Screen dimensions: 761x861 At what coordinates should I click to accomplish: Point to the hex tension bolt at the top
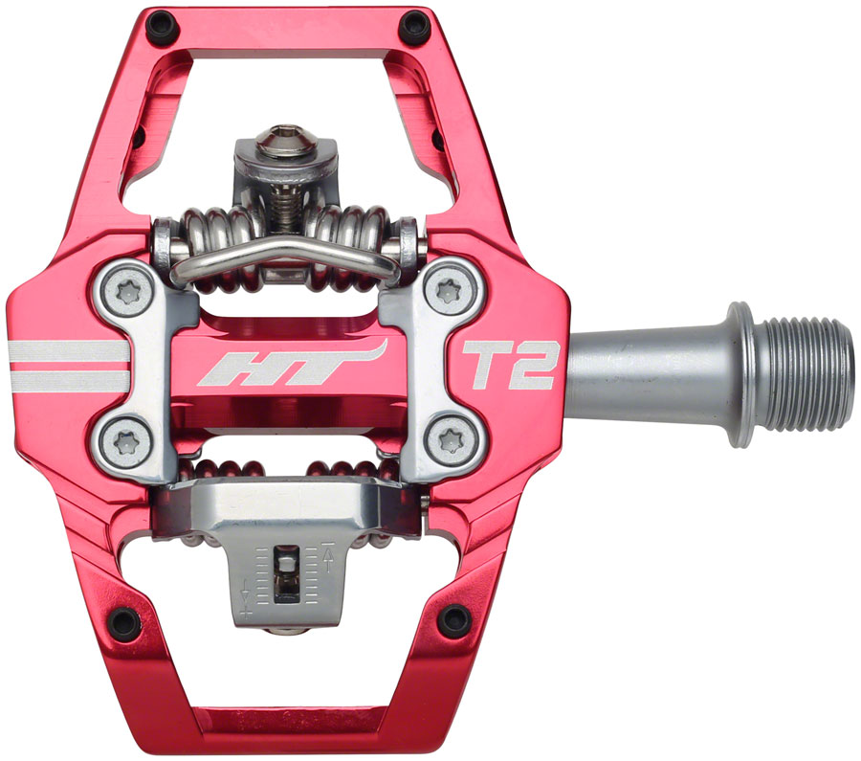click(282, 141)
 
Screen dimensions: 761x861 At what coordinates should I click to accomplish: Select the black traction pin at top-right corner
click(413, 25)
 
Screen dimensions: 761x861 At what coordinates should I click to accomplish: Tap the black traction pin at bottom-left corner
click(122, 621)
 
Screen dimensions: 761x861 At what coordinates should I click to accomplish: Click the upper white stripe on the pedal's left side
click(67, 350)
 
